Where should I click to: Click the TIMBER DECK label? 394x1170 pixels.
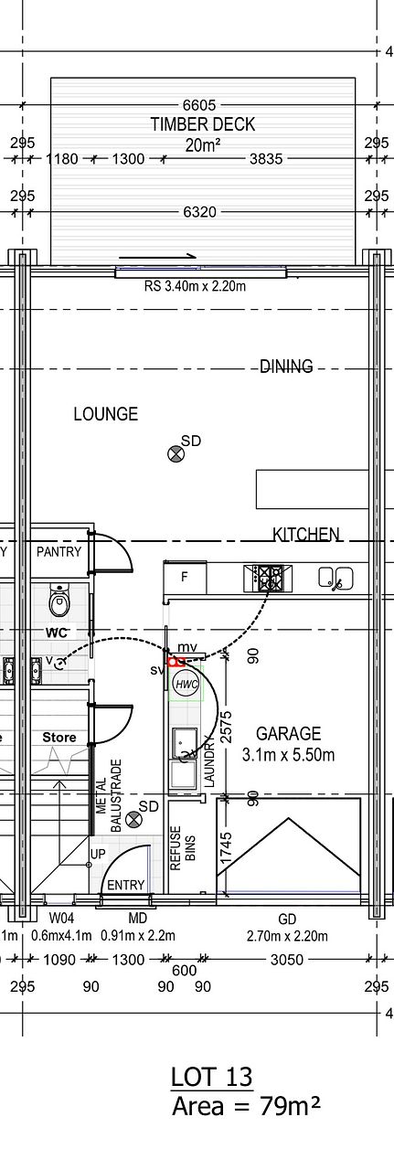203,124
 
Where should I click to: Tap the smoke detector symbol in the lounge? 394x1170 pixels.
176,454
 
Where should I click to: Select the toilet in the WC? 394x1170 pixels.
59,601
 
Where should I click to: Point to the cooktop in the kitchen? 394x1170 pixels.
268,579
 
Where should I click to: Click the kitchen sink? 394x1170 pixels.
336,579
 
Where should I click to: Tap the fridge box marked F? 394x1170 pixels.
185,577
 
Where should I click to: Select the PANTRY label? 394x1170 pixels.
59,551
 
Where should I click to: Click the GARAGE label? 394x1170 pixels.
288,733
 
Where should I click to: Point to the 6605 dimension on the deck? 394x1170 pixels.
199,105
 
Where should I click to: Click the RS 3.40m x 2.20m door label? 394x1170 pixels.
195,286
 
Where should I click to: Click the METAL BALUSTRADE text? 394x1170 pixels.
109,795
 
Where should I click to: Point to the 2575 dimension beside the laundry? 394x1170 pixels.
227,726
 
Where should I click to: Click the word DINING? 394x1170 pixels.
286,367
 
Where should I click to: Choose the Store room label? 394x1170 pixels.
59,738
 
